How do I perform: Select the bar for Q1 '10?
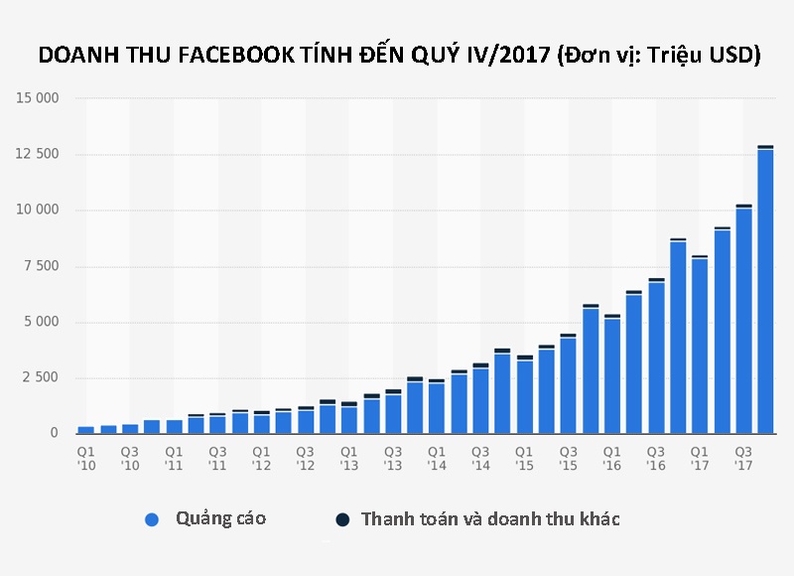(86, 429)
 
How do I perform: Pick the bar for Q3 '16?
(655, 357)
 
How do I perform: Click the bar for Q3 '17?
(742, 319)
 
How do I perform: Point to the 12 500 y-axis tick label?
(38, 154)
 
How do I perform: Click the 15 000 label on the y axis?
(38, 98)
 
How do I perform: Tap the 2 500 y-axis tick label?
(41, 377)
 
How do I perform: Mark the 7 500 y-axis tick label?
(41, 266)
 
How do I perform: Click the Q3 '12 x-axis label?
(305, 458)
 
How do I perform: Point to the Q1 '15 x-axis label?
(524, 458)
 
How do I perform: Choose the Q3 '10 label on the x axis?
(130, 458)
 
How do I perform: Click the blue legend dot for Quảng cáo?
(152, 519)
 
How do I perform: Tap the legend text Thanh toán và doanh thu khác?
(490, 519)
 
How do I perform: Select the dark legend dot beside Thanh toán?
(342, 519)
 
